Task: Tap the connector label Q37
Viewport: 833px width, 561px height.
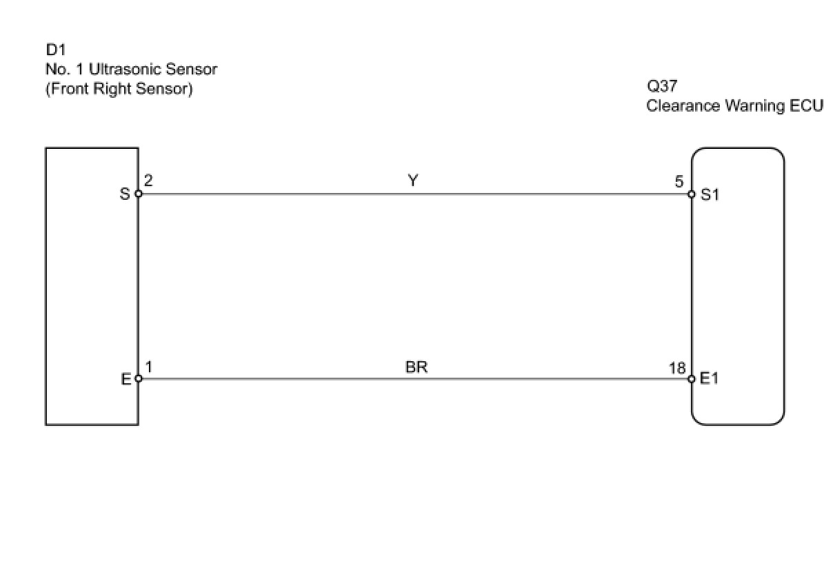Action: (x=662, y=87)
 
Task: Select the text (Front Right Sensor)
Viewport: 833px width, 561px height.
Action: (x=119, y=89)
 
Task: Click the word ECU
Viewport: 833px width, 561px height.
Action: (x=805, y=106)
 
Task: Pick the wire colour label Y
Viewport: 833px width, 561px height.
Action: (x=412, y=181)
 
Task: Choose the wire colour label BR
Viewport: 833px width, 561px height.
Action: (x=417, y=367)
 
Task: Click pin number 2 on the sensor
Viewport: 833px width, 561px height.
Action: (x=149, y=181)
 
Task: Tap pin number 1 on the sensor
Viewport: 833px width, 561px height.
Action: (x=149, y=367)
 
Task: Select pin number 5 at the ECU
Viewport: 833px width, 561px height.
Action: (x=679, y=182)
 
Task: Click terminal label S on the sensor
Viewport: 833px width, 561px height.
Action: (x=125, y=194)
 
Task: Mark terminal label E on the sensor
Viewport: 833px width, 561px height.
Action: (x=126, y=378)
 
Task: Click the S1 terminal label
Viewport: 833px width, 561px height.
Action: (x=710, y=194)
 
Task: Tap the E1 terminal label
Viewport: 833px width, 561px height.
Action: (x=710, y=378)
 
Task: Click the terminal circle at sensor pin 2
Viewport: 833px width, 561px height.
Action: (x=139, y=194)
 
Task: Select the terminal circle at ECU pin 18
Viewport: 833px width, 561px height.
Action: (x=692, y=378)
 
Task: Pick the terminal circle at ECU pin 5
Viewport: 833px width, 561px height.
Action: (x=692, y=194)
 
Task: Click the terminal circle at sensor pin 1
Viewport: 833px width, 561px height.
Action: (x=139, y=378)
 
